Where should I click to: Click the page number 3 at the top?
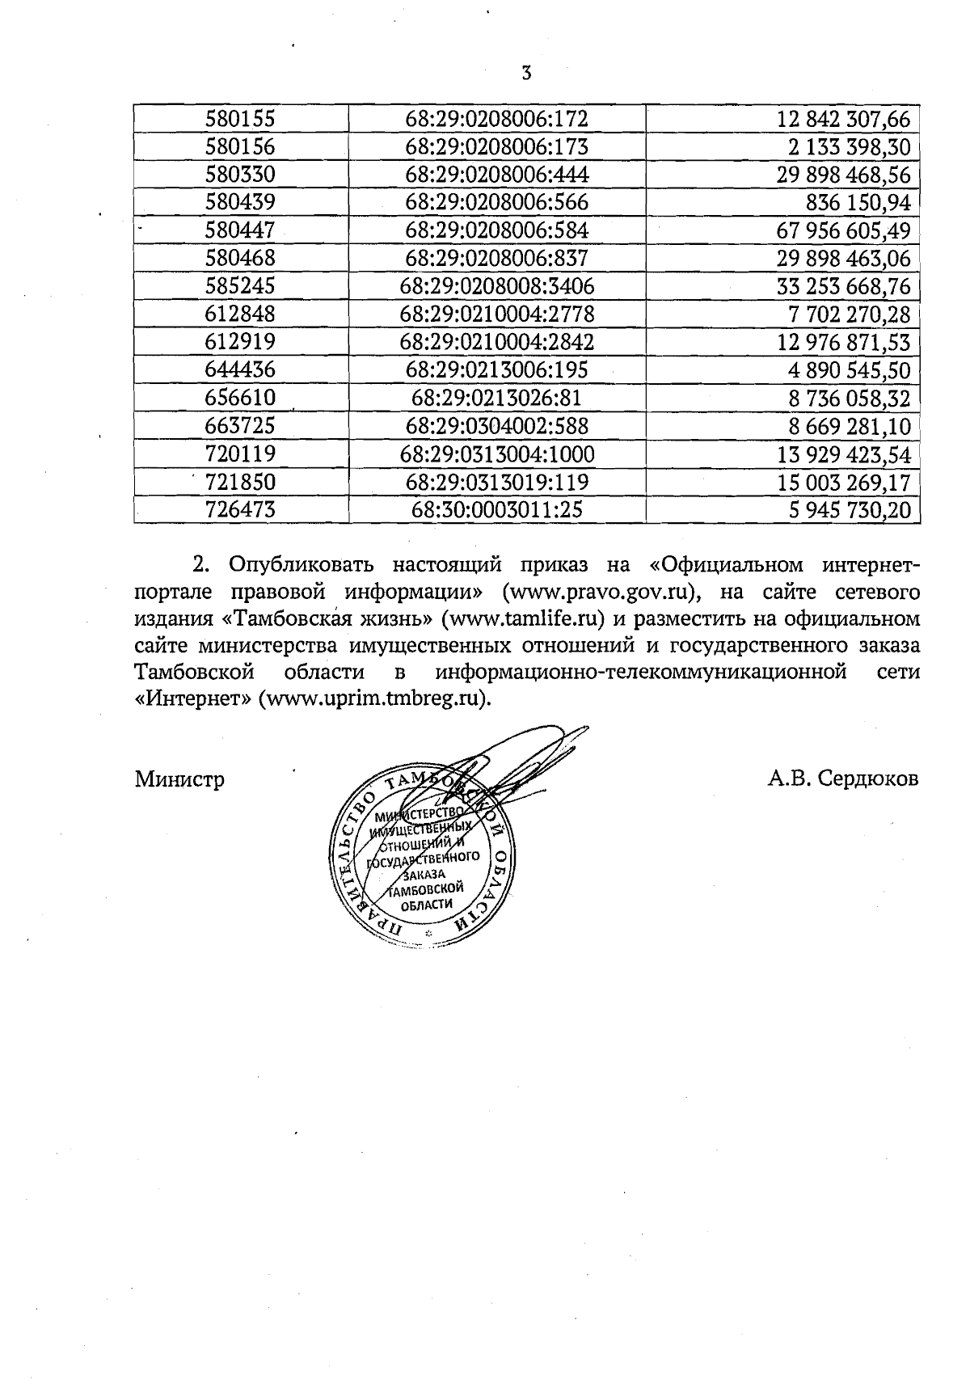pos(526,74)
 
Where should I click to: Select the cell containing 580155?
pos(240,120)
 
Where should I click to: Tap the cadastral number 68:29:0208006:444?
pos(496,175)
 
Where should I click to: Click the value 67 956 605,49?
pos(843,231)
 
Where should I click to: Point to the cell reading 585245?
pos(240,286)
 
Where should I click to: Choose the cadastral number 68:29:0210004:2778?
pos(496,314)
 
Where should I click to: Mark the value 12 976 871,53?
pos(843,342)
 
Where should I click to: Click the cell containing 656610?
pos(240,398)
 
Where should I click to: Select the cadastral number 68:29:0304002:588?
pos(496,426)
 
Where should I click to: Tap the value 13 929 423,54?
pos(843,454)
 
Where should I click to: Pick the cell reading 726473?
pos(240,510)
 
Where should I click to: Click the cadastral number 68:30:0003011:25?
pos(496,510)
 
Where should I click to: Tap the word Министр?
pos(179,779)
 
